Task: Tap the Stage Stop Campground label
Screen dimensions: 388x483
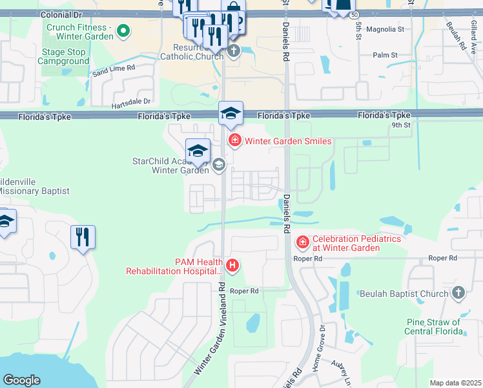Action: click(x=63, y=57)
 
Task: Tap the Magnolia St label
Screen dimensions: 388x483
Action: click(x=384, y=29)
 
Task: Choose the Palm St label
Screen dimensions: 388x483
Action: click(x=384, y=55)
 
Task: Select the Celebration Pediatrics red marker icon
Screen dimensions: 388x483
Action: click(x=302, y=243)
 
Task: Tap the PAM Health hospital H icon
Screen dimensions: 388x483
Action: click(x=233, y=264)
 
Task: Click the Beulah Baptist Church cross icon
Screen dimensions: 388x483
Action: click(x=458, y=293)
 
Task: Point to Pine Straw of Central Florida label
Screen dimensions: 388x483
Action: click(x=434, y=327)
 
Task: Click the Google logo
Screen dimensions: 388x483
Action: click(x=21, y=380)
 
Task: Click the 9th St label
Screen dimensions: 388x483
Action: click(x=400, y=126)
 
